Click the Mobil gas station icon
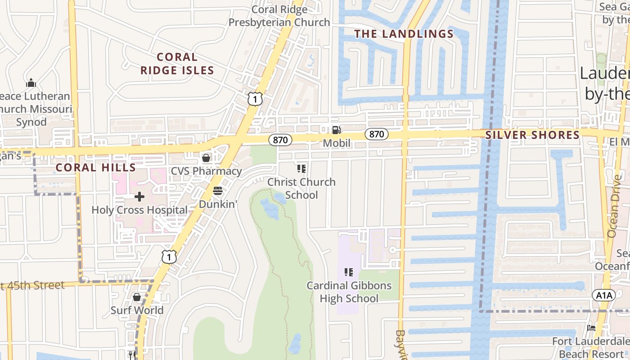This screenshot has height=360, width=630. coord(336,130)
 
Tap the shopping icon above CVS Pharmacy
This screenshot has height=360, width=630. coord(206,158)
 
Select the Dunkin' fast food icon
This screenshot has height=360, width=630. coord(218,191)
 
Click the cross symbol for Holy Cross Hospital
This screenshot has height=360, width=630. coord(139,197)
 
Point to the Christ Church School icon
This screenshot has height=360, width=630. coord(301,169)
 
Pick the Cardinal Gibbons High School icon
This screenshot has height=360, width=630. coord(349,272)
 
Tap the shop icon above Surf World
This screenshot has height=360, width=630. coord(137,297)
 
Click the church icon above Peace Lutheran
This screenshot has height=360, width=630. coord(31,83)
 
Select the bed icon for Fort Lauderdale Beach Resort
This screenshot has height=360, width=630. coord(591,328)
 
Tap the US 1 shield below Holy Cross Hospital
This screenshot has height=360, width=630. coord(169,256)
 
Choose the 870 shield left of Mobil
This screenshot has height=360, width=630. coord(280,140)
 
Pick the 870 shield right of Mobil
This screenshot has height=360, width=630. coord(377,134)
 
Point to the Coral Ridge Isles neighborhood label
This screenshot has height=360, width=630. coord(177,64)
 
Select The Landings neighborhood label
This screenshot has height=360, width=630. coord(404,34)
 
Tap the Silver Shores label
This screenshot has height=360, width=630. coord(532,135)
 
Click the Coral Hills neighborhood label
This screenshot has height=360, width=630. coord(95,168)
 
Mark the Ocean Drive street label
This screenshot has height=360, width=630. coord(614,206)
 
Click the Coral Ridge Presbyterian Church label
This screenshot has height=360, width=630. coord(279,16)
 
